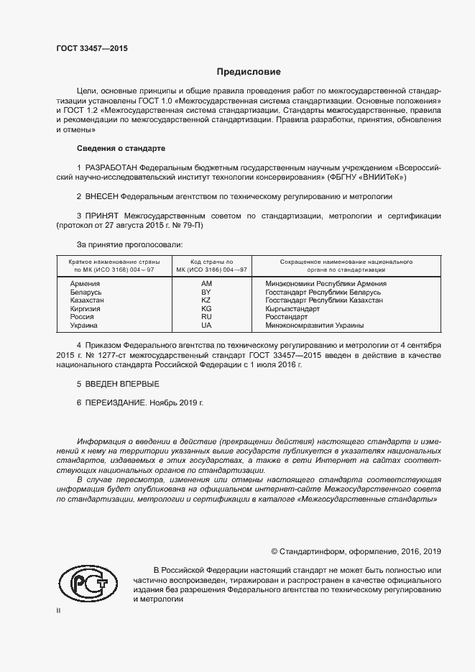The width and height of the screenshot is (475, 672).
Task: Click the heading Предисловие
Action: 249,72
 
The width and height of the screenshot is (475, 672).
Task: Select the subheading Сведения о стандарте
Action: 121,148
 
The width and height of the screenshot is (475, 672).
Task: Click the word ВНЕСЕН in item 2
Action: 101,195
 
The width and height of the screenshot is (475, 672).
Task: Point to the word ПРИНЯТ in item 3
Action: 102,216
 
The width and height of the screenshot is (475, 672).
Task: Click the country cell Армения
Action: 85,284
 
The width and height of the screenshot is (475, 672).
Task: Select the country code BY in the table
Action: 206,293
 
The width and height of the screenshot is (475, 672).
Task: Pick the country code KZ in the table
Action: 206,300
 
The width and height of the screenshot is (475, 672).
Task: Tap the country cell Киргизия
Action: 86,309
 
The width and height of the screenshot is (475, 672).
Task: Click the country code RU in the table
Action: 206,317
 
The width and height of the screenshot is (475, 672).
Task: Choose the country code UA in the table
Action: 206,326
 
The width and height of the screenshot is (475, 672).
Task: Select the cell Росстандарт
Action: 286,317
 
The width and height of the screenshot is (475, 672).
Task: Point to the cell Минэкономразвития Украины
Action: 314,326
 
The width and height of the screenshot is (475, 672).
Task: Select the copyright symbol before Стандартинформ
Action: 275,552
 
